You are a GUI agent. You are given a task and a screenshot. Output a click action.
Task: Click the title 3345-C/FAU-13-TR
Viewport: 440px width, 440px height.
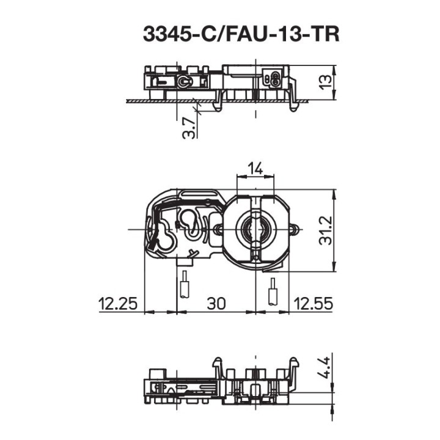coord(240,34)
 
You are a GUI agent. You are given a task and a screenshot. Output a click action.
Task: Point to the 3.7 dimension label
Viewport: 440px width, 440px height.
coord(190,127)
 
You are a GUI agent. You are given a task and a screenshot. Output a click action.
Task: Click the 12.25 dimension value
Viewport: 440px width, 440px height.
coord(118,304)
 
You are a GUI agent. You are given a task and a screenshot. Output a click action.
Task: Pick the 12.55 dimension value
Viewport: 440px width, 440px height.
coord(313,304)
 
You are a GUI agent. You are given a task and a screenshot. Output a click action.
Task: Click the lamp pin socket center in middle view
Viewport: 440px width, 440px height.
coord(255,229)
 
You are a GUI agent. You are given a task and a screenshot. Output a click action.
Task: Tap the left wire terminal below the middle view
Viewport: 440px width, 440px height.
coord(183,284)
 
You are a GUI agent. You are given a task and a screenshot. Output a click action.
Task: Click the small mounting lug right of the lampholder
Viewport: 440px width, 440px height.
coord(295,229)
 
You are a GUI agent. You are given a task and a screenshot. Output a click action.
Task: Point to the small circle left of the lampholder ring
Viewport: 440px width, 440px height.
coord(218,229)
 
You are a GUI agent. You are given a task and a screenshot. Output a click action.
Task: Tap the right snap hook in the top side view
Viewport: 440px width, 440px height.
coord(293,98)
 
